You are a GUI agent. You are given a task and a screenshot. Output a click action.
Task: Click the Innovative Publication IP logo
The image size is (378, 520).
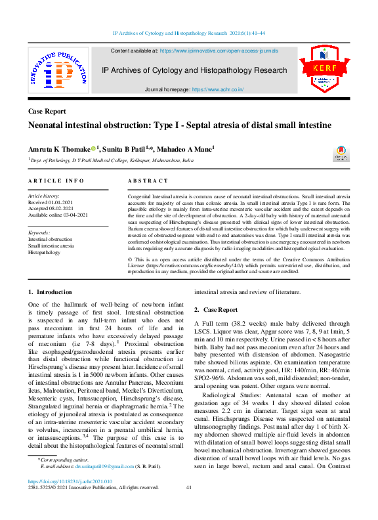click(58, 70)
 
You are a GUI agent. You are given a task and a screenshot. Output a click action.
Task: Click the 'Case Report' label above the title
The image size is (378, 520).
click(47, 112)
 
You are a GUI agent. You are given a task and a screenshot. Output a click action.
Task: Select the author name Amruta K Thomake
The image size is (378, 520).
click(58, 150)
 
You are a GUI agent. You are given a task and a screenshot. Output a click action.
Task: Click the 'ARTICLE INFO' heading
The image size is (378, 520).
click(56, 181)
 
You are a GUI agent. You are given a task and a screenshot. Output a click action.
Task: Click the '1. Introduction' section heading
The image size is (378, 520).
click(50, 292)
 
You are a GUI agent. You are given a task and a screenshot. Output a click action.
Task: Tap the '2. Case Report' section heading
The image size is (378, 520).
click(216, 309)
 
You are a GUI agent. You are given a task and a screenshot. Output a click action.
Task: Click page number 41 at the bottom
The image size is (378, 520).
click(188, 487)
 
